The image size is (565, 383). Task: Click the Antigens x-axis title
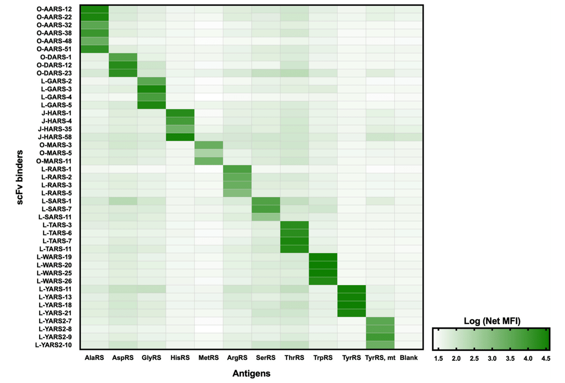coord(251,374)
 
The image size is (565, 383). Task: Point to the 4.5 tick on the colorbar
coord(545,359)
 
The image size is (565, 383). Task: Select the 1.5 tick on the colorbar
coord(438,359)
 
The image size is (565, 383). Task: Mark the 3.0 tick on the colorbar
coord(492,359)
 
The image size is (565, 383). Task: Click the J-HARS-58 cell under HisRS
coord(180,136)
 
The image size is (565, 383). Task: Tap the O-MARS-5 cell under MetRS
coord(209,152)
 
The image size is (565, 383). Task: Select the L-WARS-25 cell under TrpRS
coord(323,273)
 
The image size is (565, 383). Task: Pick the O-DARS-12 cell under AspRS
coord(123,64)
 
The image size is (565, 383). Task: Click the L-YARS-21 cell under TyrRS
coord(352,313)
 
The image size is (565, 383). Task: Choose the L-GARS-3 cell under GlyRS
coord(152,88)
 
